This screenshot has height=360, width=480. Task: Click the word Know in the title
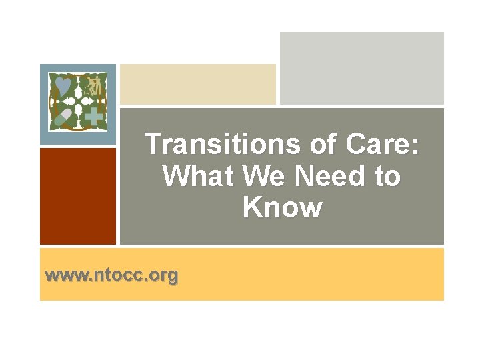pos(282,207)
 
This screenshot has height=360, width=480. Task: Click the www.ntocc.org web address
pos(111,274)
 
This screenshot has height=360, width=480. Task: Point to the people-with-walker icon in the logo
pos(94,85)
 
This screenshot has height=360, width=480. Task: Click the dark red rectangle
pos(77,196)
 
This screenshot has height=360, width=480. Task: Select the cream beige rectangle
pos(197,84)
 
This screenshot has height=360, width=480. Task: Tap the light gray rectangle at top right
pos(361,68)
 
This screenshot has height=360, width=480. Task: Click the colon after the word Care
pos(417,145)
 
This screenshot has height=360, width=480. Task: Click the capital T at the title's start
pos(153,144)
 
